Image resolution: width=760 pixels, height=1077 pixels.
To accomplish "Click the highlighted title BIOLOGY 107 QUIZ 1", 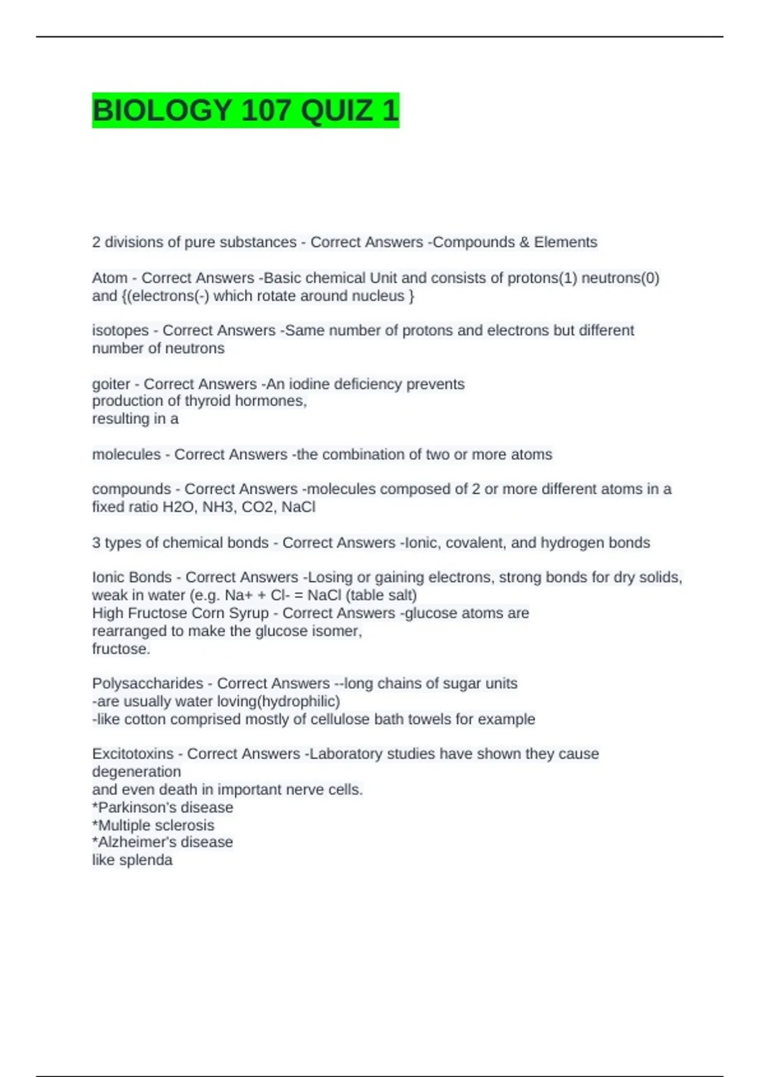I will click(x=245, y=110).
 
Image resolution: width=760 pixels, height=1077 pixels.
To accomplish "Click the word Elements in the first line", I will click(x=565, y=242).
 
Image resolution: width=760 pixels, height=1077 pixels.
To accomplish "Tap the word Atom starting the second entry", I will click(x=110, y=278).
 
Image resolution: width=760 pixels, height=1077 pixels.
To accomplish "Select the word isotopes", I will click(x=120, y=331).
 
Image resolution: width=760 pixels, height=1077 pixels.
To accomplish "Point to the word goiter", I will click(x=111, y=385).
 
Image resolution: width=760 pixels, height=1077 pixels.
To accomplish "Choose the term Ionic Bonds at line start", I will click(x=132, y=578).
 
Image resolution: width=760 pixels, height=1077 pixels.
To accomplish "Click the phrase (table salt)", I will click(x=381, y=596).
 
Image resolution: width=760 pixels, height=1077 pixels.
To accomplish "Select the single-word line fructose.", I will click(x=121, y=649).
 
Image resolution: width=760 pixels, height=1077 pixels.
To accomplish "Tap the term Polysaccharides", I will click(x=147, y=684).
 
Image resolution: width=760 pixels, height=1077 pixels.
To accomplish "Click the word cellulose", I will click(x=339, y=719).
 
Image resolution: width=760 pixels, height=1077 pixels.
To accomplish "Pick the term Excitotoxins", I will click(x=132, y=754).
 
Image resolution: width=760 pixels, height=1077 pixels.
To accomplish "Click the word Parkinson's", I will click(x=133, y=808).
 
